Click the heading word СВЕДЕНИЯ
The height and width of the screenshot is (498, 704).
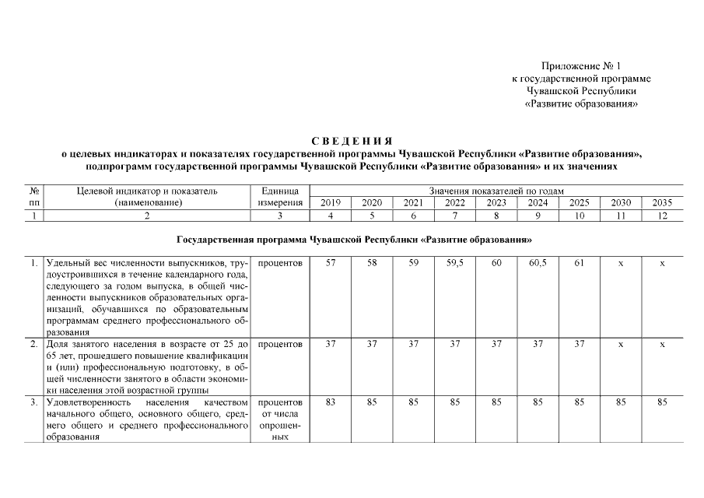(352, 141)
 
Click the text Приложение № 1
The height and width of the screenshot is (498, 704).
(582, 67)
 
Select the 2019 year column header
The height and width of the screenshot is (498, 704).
(331, 203)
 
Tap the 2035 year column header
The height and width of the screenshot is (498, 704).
(662, 203)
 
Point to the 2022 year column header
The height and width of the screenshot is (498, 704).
(455, 203)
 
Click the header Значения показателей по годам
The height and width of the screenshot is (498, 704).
(496, 191)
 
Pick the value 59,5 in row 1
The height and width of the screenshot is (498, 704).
(455, 263)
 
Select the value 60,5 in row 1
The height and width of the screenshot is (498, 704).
(538, 263)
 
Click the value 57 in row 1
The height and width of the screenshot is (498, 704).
(331, 263)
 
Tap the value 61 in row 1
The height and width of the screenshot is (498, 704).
(579, 263)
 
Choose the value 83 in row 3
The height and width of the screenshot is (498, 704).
(331, 402)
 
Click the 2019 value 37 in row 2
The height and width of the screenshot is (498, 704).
(331, 343)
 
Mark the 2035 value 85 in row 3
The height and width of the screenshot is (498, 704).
(662, 402)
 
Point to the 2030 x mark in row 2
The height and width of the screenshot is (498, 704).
(621, 343)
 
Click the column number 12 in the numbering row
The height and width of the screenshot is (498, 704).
(662, 216)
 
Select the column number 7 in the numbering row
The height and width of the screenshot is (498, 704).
(455, 216)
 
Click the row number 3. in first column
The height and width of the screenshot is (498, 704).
(35, 402)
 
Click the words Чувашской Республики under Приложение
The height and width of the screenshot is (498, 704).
(581, 91)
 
